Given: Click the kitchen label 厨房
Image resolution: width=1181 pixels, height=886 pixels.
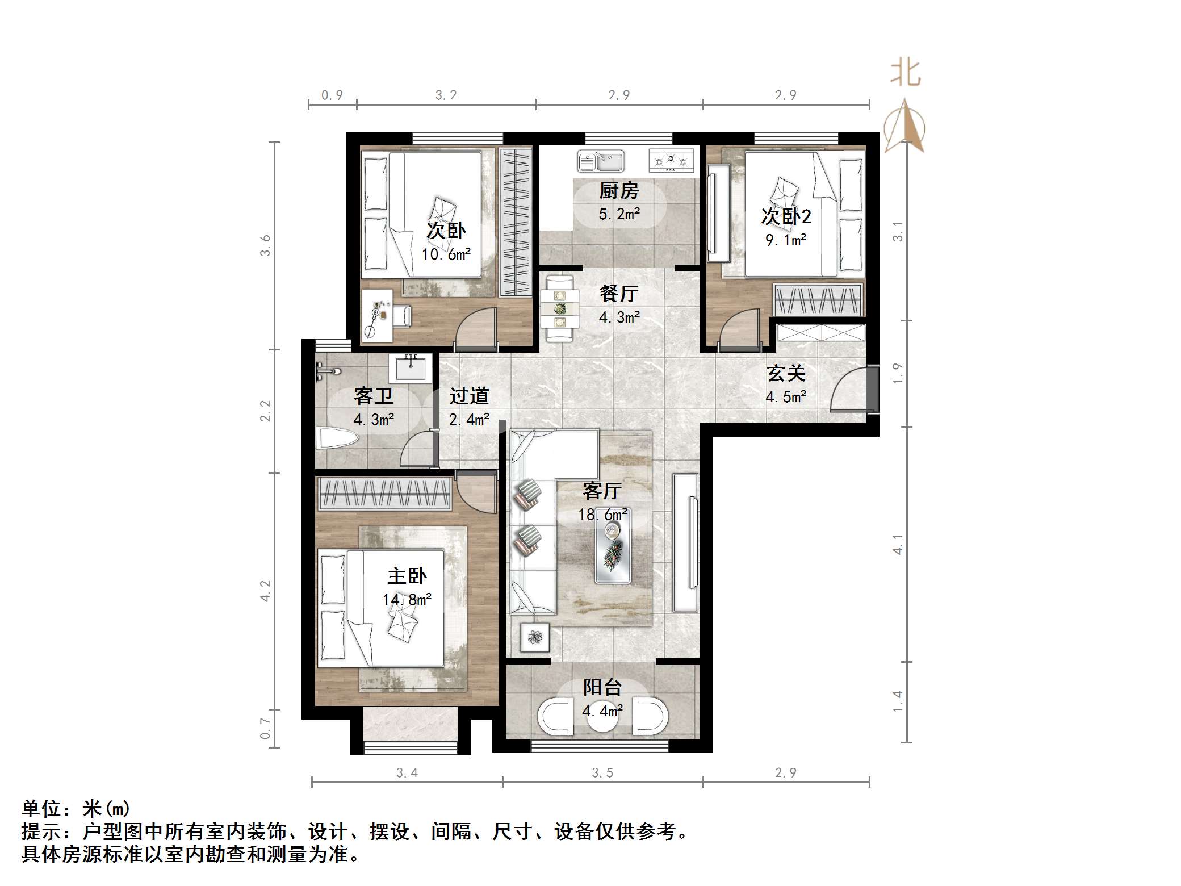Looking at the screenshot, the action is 618,191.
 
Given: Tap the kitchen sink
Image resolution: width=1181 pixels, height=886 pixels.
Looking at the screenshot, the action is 601,161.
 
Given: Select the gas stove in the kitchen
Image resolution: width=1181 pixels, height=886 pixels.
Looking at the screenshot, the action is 672,161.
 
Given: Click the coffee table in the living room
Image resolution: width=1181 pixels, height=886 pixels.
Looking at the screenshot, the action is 613,553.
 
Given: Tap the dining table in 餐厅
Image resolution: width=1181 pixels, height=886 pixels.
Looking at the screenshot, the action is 560,309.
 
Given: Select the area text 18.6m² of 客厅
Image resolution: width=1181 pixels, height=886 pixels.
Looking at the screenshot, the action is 602,515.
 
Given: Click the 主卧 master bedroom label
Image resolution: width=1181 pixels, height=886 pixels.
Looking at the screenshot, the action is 407,576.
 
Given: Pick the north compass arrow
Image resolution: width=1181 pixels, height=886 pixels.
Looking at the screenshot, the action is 904,126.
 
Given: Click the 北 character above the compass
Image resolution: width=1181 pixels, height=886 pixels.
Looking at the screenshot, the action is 905,74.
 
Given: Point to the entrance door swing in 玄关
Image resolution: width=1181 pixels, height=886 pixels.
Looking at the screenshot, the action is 849,389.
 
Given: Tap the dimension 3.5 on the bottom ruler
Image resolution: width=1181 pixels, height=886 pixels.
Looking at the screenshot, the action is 602,772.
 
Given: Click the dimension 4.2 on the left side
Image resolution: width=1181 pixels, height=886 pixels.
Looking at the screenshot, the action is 265,591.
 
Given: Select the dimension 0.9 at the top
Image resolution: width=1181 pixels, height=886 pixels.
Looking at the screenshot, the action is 332,95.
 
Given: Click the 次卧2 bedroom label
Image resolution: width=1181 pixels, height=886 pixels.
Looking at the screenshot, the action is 786,216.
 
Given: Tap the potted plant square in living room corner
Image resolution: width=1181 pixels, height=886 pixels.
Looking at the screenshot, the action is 535,637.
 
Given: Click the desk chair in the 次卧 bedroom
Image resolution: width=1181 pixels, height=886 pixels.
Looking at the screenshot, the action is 400,316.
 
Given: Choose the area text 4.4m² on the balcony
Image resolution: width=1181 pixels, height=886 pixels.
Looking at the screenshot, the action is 602,711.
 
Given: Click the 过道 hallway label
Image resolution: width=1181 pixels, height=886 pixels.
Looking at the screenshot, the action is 469,396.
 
